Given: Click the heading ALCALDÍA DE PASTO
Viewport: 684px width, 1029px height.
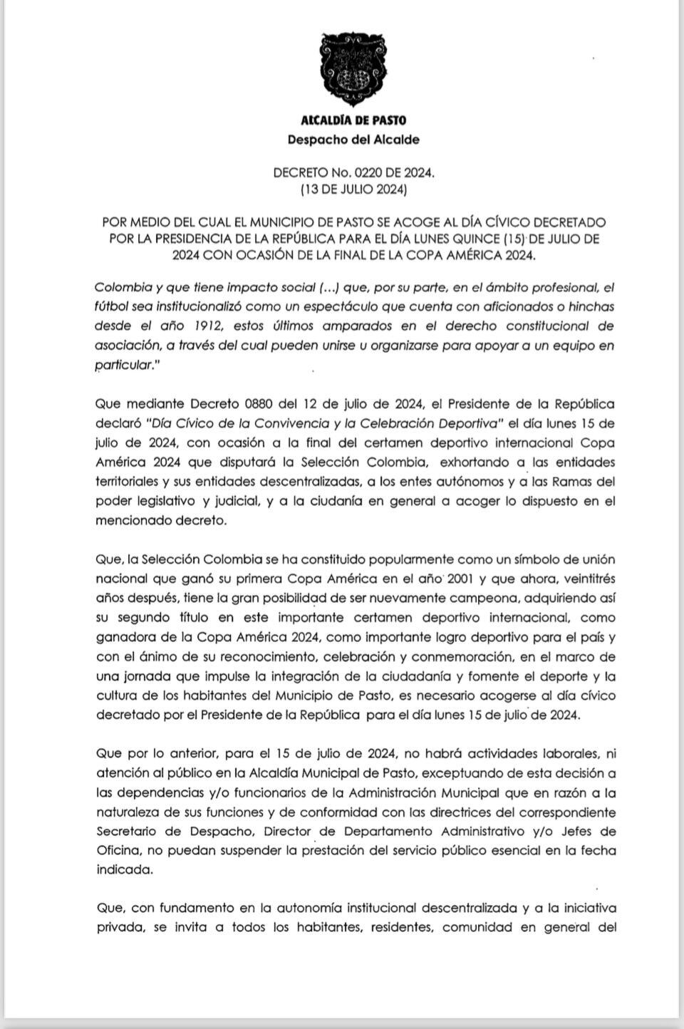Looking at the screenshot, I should [x=353, y=120].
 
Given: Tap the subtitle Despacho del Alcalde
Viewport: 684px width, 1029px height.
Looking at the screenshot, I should [x=353, y=140].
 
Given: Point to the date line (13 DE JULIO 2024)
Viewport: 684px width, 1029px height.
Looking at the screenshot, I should [x=353, y=190].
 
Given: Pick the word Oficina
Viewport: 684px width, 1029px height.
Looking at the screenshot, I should [x=118, y=851].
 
